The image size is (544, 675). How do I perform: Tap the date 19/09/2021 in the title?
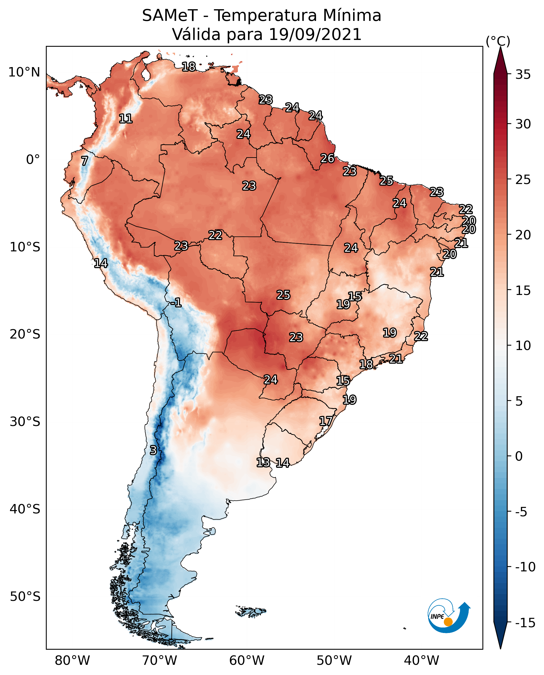click(315, 34)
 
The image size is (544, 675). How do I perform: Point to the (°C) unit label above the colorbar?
click(498, 41)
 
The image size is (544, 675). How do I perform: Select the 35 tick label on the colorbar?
click(523, 75)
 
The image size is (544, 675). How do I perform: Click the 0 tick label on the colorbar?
click(519, 456)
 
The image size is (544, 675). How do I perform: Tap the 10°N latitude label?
click(25, 73)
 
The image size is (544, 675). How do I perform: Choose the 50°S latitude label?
click(25, 596)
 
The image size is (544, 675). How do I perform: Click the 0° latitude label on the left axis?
click(33, 160)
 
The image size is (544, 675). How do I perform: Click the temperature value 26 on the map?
click(328, 158)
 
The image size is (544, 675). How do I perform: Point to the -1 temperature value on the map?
click(176, 302)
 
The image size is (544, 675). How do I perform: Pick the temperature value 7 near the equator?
click(84, 161)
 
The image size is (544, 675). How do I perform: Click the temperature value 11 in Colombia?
click(126, 119)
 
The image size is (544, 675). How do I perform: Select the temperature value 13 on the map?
click(263, 462)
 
